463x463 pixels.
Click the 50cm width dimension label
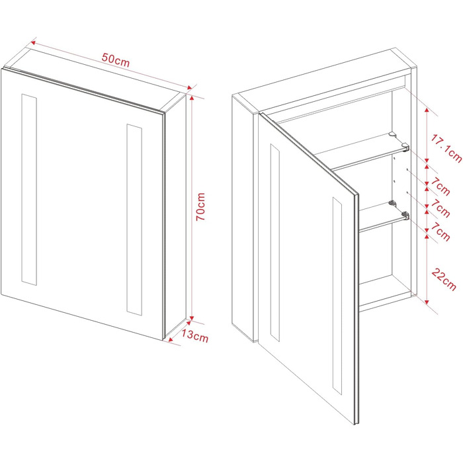click(116, 60)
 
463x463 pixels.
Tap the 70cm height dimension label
click(201, 206)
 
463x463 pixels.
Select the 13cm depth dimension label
click(194, 336)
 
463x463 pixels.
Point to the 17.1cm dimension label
click(446, 148)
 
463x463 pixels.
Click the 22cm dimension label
click(444, 279)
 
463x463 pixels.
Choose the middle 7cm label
click(440, 208)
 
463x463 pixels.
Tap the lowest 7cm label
click(440, 232)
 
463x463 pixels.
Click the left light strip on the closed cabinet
click(29, 190)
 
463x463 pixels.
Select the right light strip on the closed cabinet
click(134, 220)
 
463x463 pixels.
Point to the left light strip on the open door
click(275, 243)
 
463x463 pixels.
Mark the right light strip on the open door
click(337, 296)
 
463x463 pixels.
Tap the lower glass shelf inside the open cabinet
click(382, 216)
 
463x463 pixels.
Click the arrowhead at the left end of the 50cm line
click(33, 43)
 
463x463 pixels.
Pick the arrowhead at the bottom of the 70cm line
click(191, 317)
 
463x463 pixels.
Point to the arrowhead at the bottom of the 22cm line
click(427, 302)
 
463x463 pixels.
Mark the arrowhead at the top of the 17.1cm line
click(427, 110)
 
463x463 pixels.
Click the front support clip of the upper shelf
click(405, 146)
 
